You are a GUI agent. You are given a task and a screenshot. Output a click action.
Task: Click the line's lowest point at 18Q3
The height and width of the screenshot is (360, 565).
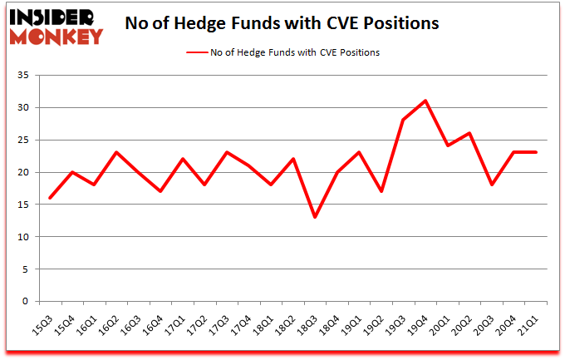313,217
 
